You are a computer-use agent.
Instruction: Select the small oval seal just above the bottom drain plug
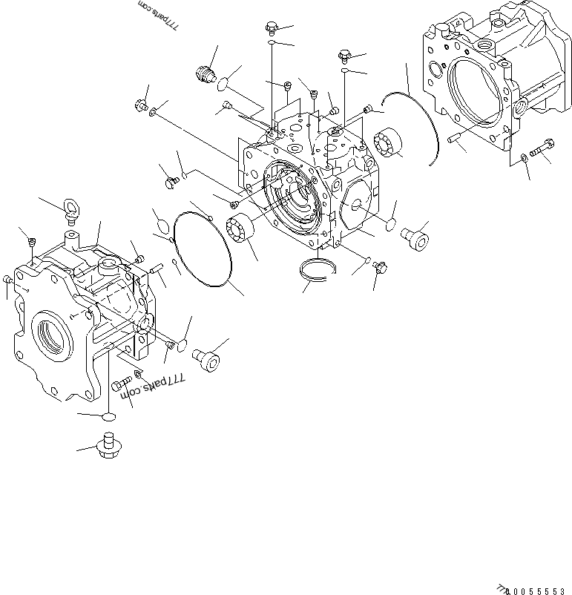pyautogui.click(x=108, y=418)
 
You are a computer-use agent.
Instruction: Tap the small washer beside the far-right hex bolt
pyautogui.click(x=524, y=157)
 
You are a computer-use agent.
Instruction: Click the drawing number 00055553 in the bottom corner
pyautogui.click(x=533, y=586)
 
